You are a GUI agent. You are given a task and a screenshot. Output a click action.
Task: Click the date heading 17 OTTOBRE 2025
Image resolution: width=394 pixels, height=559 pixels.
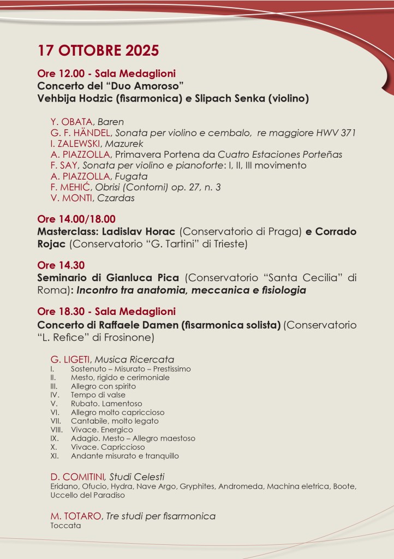(98, 51)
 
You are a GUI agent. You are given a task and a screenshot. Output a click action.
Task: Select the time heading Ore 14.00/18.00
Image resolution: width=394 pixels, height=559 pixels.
(76, 219)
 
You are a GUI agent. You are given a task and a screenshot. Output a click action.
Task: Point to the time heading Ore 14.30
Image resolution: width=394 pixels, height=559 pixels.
(54, 266)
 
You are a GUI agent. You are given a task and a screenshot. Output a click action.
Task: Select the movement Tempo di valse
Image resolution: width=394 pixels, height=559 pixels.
(98, 395)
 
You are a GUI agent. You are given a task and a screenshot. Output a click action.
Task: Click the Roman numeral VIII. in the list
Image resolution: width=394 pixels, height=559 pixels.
(56, 430)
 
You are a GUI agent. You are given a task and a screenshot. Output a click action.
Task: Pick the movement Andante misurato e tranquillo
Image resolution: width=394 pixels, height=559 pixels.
(124, 456)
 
